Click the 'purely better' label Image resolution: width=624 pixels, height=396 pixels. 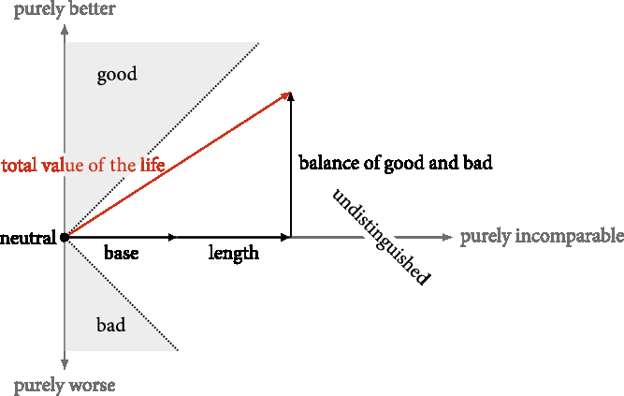tap(65, 10)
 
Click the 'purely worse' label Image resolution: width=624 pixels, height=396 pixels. tap(65, 385)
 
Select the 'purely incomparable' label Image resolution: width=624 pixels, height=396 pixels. tap(542, 236)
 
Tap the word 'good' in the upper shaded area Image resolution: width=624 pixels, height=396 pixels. tap(117, 75)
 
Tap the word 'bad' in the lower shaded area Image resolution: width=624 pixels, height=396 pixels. tap(111, 326)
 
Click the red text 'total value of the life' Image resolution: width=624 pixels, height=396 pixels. tap(83, 166)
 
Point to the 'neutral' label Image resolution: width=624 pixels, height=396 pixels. tap(28, 238)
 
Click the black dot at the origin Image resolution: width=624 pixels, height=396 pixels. tap(65, 238)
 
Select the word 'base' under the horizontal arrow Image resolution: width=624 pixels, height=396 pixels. tap(121, 254)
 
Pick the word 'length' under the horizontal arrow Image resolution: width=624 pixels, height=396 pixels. tap(233, 254)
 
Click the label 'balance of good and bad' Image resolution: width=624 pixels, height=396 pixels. tap(396, 163)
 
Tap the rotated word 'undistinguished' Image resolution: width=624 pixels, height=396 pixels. tap(382, 237)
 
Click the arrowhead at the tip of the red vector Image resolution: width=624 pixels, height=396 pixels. tap(288, 94)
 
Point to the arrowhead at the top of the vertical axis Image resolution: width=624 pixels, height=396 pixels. tap(65, 29)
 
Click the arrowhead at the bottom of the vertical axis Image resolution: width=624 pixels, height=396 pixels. tap(65, 365)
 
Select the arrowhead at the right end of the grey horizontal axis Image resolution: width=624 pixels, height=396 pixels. tap(447, 238)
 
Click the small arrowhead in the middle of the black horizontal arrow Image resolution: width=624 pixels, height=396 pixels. tap(171, 238)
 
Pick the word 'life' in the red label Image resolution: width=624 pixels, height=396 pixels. tap(154, 166)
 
